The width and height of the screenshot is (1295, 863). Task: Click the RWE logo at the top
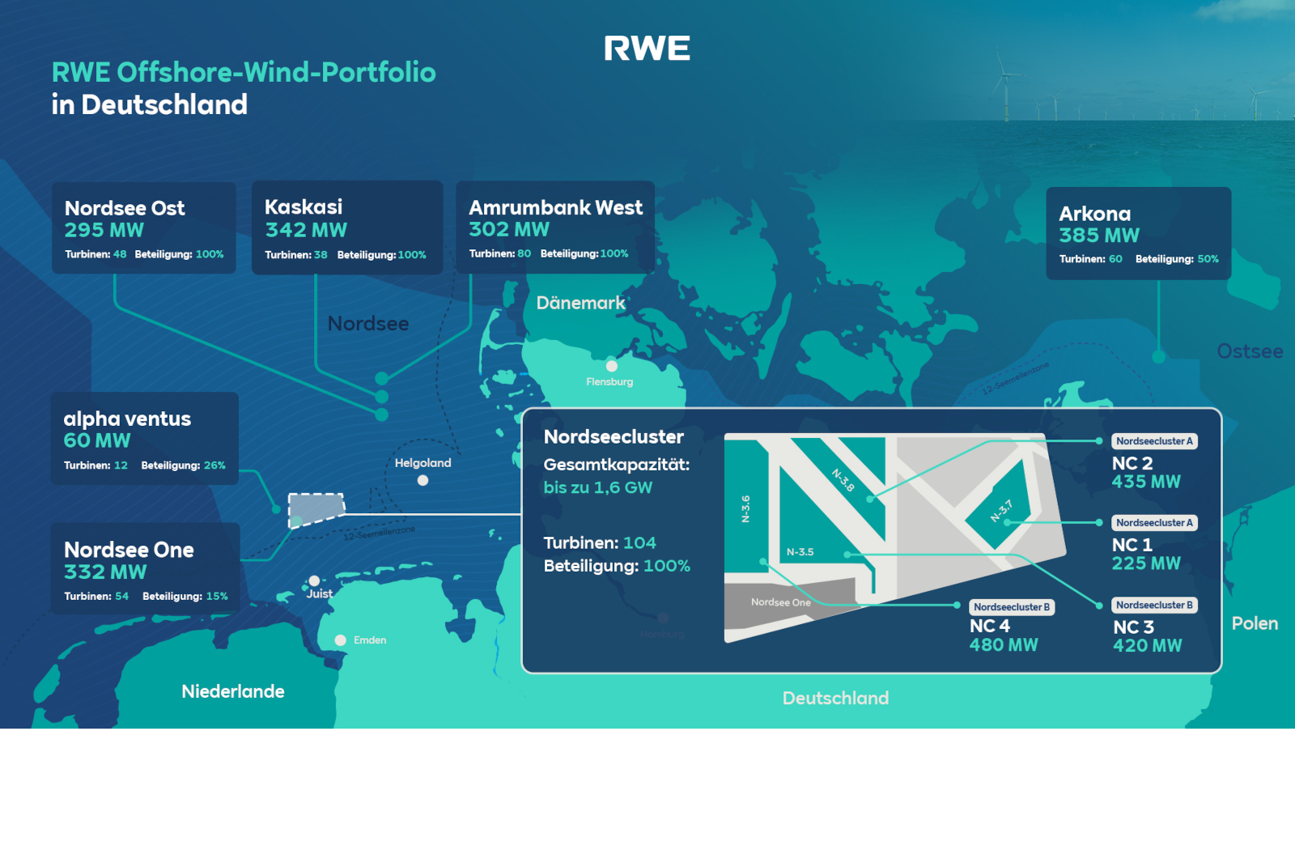click(x=647, y=49)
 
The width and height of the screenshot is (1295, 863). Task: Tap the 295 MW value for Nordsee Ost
click(x=104, y=231)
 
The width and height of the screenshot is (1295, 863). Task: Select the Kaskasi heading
click(x=304, y=207)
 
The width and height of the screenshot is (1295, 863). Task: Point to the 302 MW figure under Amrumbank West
click(x=509, y=230)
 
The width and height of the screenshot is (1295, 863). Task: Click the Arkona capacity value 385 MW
click(x=1099, y=236)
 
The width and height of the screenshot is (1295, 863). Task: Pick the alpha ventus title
click(x=127, y=419)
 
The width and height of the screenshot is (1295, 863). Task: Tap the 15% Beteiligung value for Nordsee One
click(x=217, y=597)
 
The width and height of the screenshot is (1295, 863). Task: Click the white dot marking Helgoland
click(x=422, y=480)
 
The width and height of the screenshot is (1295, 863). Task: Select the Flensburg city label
click(x=609, y=382)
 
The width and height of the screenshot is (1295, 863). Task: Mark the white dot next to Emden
click(x=341, y=640)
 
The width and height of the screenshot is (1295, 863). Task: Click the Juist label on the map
click(x=320, y=594)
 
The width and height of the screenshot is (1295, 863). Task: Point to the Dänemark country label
click(x=580, y=304)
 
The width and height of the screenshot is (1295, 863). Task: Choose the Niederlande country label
click(x=233, y=691)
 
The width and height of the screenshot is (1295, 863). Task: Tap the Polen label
click(x=1255, y=623)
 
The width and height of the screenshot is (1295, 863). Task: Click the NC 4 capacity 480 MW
click(x=1004, y=645)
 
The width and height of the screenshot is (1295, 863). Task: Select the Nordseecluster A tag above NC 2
click(x=1154, y=441)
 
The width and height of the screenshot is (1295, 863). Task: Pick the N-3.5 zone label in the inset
click(x=800, y=552)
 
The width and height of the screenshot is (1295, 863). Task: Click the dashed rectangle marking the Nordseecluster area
click(x=316, y=510)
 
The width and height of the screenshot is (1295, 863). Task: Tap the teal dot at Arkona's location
click(x=1158, y=357)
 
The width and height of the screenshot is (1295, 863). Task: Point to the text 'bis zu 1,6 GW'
click(x=597, y=488)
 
